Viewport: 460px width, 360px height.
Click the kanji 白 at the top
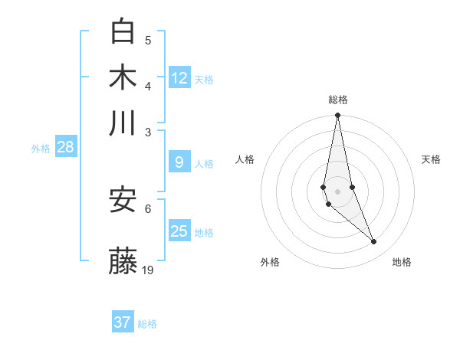[x=123, y=31]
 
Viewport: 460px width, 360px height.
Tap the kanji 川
[x=123, y=123]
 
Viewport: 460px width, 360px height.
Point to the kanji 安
[x=123, y=200]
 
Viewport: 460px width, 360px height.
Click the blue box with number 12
[x=179, y=77]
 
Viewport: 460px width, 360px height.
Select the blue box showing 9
[x=179, y=162]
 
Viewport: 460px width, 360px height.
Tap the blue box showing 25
[x=179, y=231]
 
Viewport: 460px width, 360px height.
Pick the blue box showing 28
[x=65, y=147]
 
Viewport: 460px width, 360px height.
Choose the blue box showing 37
[x=122, y=322]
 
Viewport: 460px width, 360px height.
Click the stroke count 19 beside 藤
[x=148, y=270]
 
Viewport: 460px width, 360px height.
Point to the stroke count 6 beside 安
[x=148, y=208]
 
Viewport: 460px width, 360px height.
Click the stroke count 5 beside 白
[x=148, y=40]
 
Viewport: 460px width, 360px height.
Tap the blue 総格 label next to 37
[x=147, y=324]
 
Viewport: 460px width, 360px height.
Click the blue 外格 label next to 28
[x=40, y=149]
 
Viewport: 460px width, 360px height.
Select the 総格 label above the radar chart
[x=337, y=100]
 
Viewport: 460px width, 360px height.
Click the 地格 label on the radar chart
[x=402, y=262]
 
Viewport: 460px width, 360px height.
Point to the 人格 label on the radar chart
[x=245, y=159]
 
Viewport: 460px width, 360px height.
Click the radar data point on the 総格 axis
[x=337, y=116]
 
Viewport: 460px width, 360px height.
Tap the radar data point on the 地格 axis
[x=374, y=242]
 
